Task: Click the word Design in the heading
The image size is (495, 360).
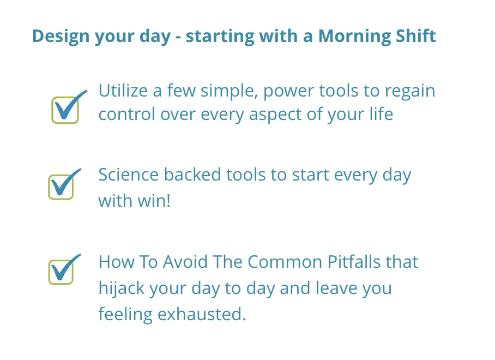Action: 61,36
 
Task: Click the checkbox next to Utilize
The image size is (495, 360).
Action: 65,110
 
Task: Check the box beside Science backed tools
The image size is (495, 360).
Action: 61,187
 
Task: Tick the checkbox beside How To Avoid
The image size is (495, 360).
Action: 61,272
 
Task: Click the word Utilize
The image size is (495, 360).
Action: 123,91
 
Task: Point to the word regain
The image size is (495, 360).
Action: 409,92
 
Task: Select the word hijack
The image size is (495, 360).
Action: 122,289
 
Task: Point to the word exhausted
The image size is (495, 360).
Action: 202,314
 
